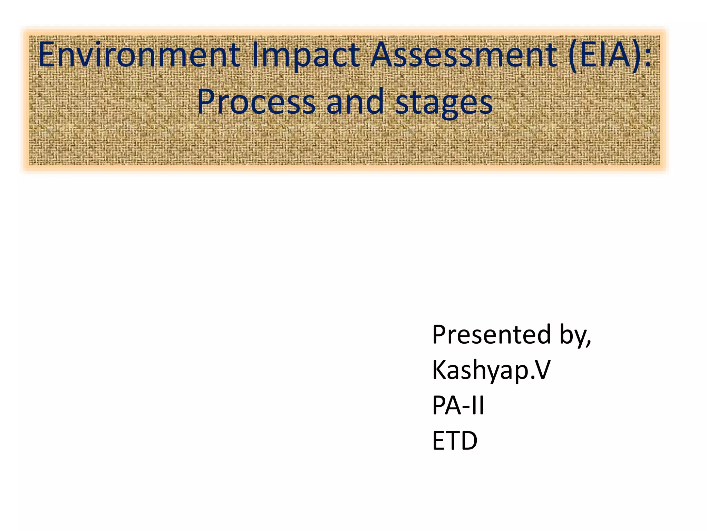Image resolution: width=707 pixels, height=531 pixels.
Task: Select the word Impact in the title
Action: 306,55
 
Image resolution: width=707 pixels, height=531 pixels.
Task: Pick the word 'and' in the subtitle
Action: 355,102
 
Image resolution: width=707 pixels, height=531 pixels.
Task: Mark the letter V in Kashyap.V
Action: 540,370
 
